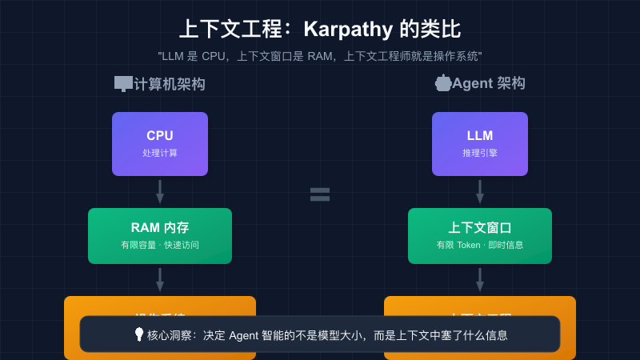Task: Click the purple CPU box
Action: click(x=160, y=144)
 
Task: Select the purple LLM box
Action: click(x=480, y=144)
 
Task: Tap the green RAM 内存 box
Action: click(x=160, y=236)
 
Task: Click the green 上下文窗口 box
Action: click(x=480, y=236)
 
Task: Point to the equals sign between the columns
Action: click(x=320, y=194)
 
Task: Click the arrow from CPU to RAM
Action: click(x=160, y=192)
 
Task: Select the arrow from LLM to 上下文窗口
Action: click(x=480, y=192)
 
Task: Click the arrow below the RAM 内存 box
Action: click(x=160, y=280)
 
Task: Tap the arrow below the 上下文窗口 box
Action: click(x=480, y=280)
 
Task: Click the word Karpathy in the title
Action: click(x=348, y=30)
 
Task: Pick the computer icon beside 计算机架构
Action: click(x=123, y=83)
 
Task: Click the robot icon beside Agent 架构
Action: click(x=442, y=82)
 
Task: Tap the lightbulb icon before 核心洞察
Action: click(x=138, y=336)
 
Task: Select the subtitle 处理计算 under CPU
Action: click(x=160, y=153)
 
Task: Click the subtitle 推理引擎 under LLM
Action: click(x=480, y=153)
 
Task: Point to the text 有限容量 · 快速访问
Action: click(x=160, y=245)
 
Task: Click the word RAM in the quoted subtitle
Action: click(x=322, y=57)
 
